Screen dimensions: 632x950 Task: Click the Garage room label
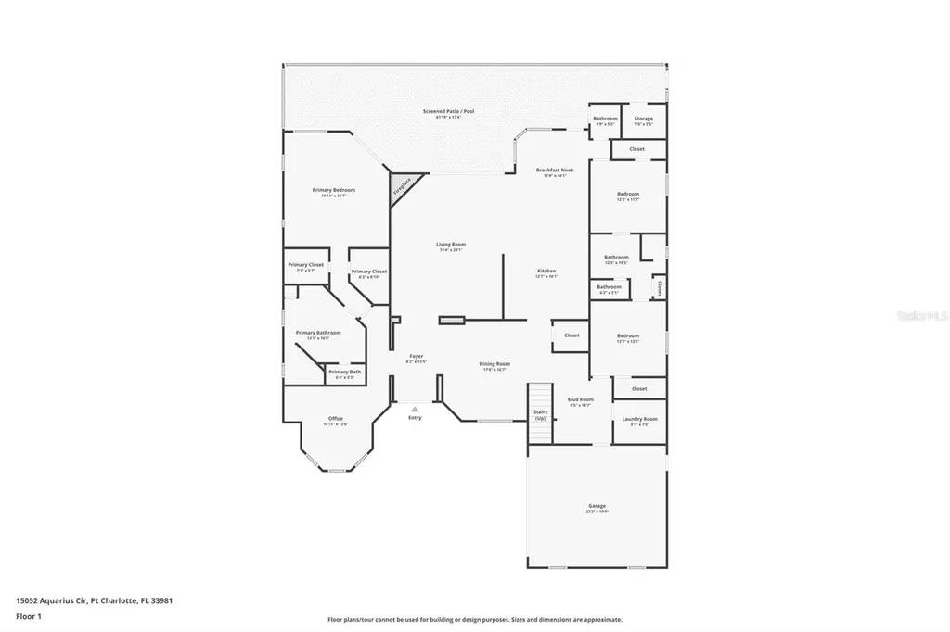click(x=597, y=508)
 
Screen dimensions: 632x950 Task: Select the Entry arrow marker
click(x=414, y=409)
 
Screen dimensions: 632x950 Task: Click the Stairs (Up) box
click(x=540, y=413)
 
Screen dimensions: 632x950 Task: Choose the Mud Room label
click(x=580, y=401)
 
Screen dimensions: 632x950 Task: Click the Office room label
click(x=335, y=421)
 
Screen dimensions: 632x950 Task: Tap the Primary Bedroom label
click(x=333, y=192)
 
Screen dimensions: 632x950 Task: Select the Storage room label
click(x=643, y=120)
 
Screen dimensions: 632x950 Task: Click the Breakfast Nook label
click(x=555, y=172)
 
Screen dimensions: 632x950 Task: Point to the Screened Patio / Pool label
click(x=448, y=114)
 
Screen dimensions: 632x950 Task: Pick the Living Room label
click(x=451, y=246)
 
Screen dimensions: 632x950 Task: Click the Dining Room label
click(x=494, y=366)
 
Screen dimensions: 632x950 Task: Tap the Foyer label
click(x=417, y=358)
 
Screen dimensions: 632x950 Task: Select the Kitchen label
click(x=546, y=273)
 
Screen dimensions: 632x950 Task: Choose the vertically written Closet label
click(x=659, y=289)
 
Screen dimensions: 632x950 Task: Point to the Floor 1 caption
click(x=29, y=616)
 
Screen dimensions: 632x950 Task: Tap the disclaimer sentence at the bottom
click(x=474, y=620)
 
